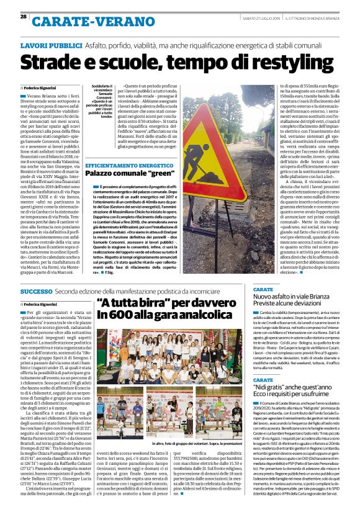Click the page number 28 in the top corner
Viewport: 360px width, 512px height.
(x=23, y=17)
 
